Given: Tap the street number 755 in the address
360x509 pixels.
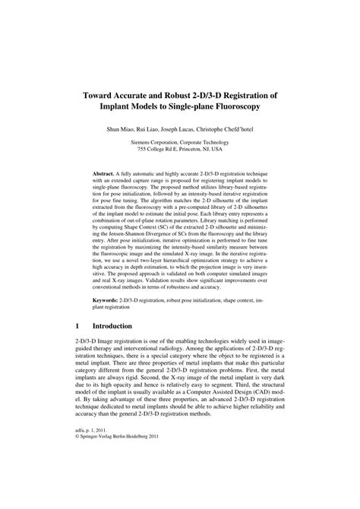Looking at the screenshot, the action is (x=137, y=149).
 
